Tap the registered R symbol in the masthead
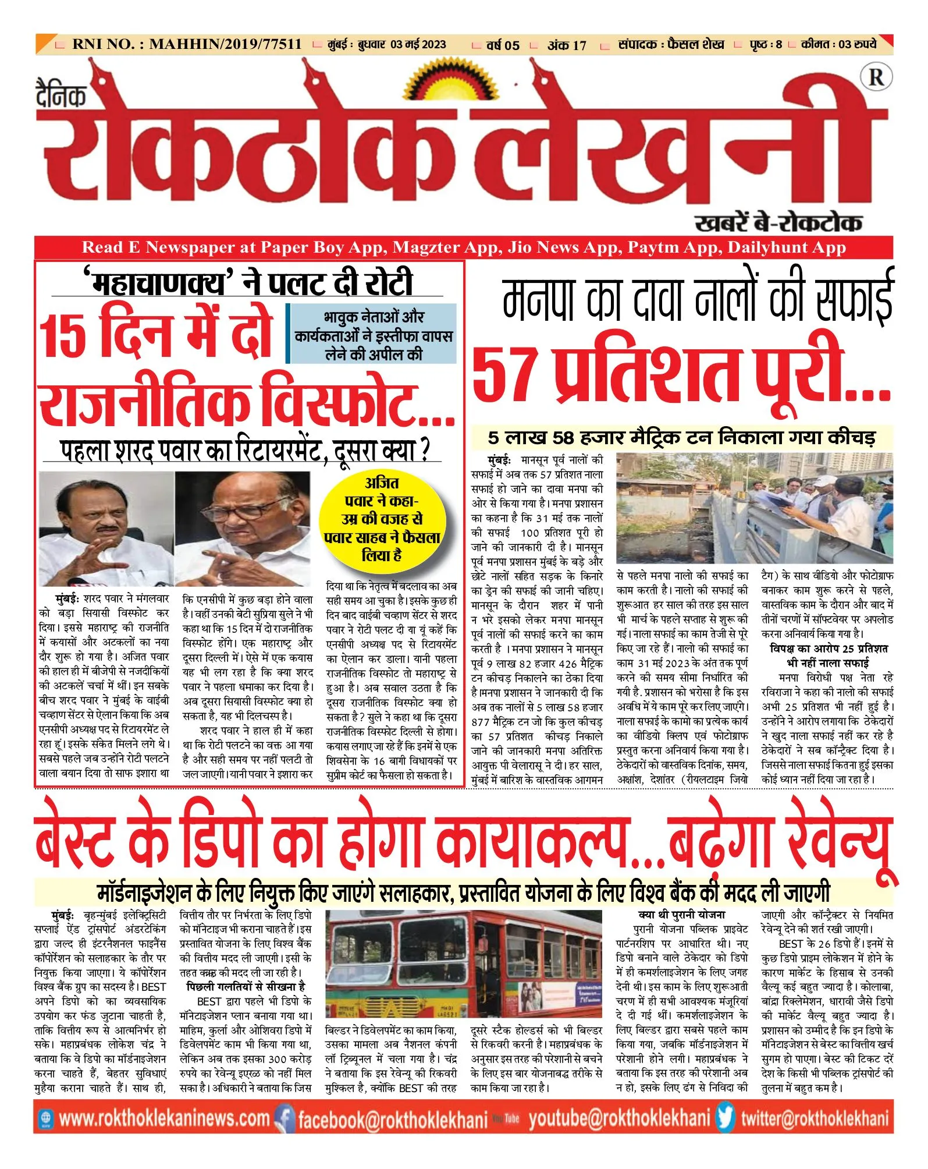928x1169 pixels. click(x=876, y=77)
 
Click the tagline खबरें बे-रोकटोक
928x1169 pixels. click(x=778, y=222)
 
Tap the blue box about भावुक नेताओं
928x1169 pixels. click(x=372, y=335)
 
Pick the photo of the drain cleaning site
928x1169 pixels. click(x=754, y=507)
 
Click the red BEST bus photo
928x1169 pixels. click(x=463, y=967)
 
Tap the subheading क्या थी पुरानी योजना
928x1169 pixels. click(x=681, y=915)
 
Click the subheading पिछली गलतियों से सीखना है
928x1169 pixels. click(x=246, y=987)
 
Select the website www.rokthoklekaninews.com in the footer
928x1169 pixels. click(x=164, y=1118)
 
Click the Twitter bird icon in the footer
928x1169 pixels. click(x=726, y=1118)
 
